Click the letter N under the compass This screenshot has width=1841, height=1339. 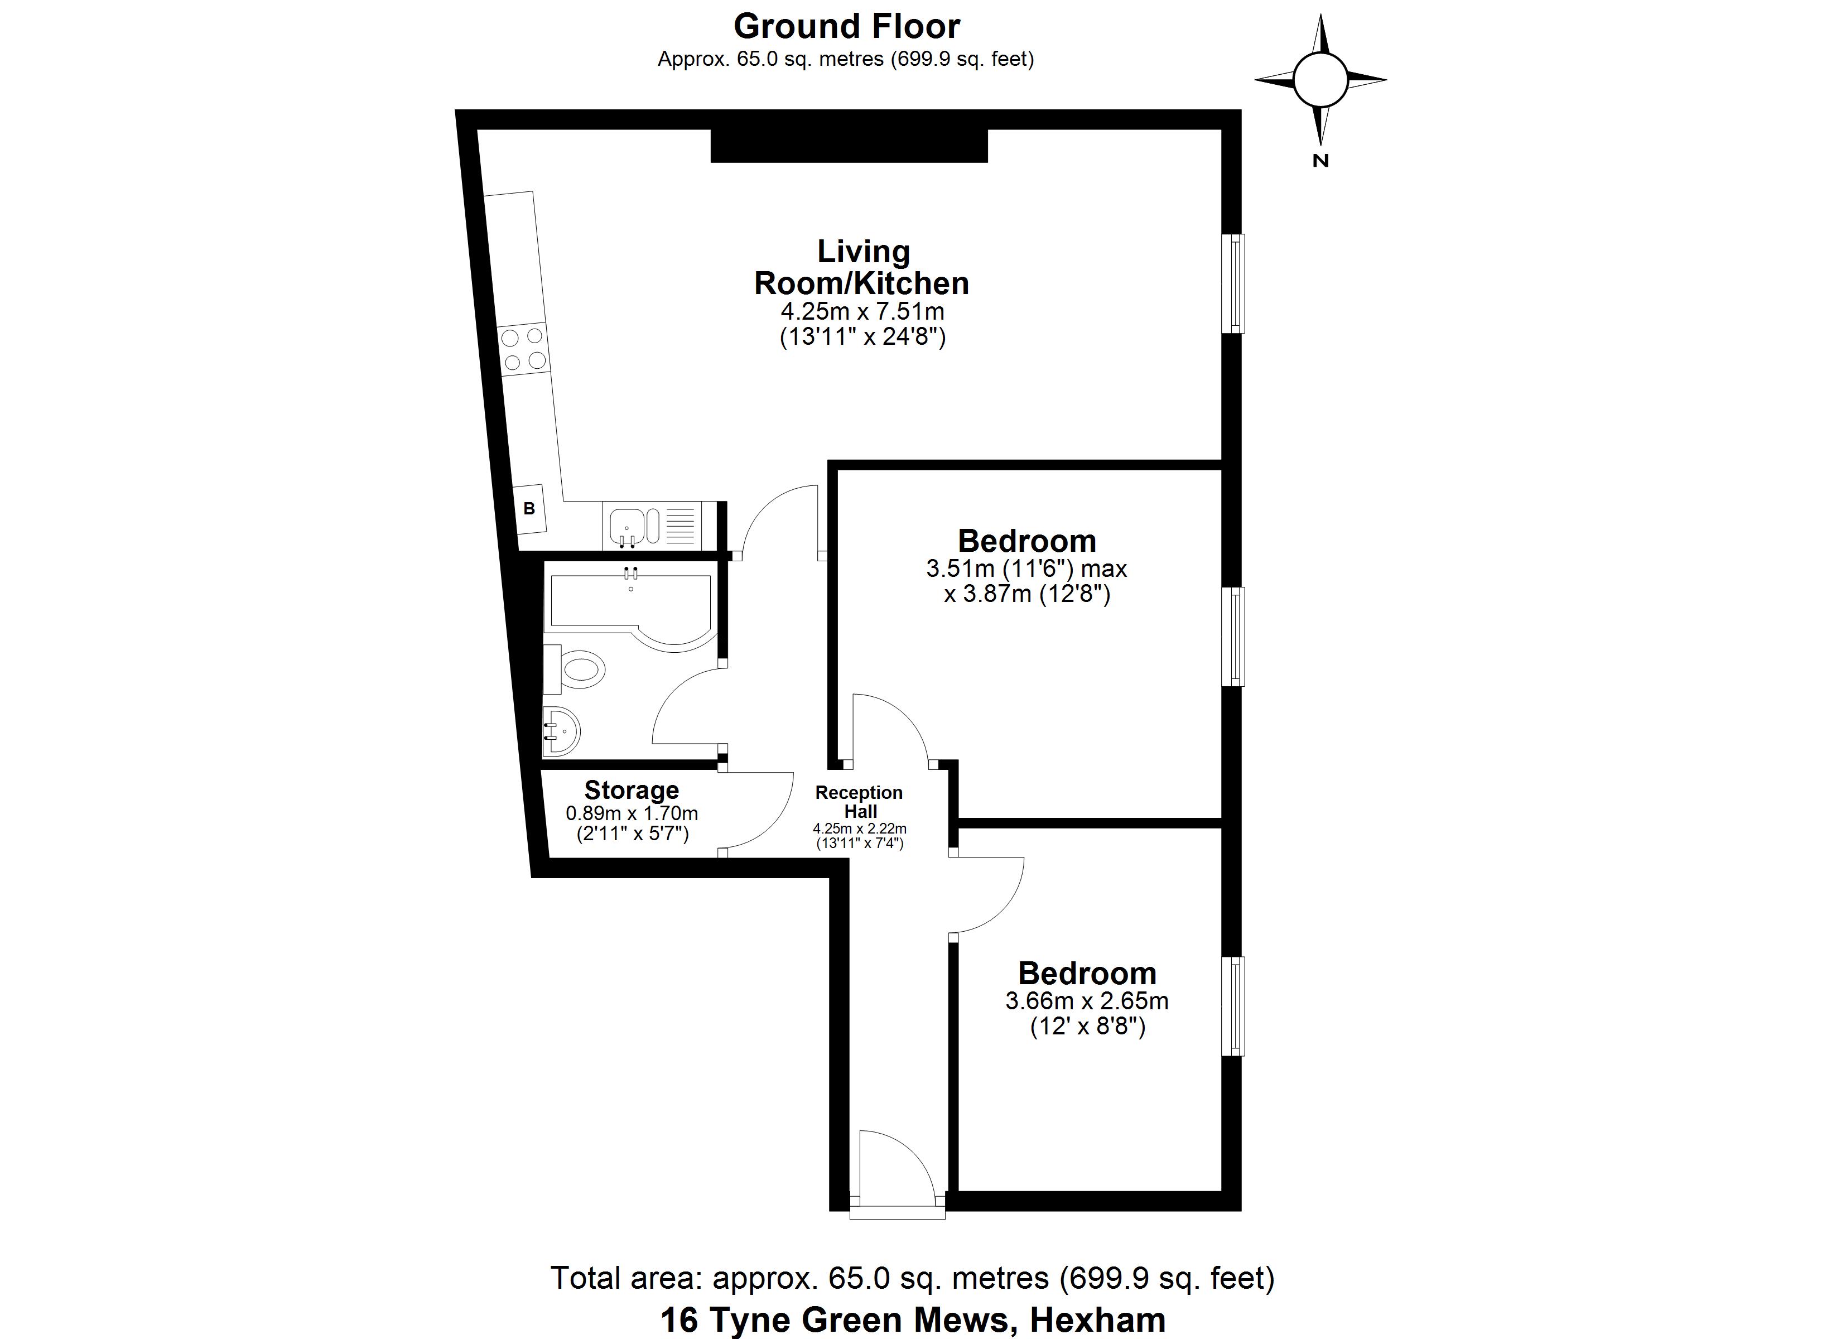click(x=1320, y=161)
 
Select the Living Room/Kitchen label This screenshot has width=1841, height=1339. click(x=861, y=267)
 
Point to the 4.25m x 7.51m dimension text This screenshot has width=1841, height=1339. click(x=862, y=311)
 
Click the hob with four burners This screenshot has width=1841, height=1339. click(x=523, y=348)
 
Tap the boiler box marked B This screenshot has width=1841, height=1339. click(x=530, y=509)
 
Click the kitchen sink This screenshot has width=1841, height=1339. click(x=628, y=526)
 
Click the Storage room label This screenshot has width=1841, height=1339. click(x=632, y=790)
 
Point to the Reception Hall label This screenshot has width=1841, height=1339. click(x=859, y=802)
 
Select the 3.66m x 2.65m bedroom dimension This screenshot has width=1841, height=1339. click(x=1087, y=1001)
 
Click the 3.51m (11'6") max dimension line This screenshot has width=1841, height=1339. click(x=1026, y=569)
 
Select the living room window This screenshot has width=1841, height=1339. click(x=1234, y=283)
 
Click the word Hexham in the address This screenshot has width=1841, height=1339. click(x=1097, y=1319)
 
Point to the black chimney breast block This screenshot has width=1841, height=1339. click(x=849, y=146)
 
